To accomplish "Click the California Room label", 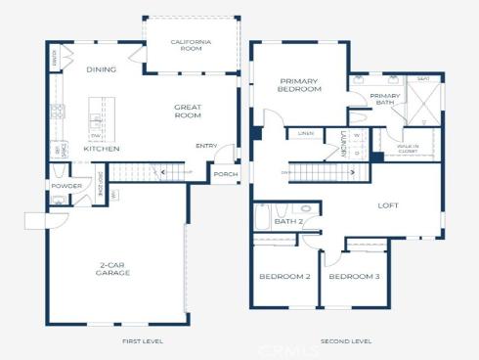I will pyautogui.click(x=191, y=45).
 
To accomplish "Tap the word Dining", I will pyautogui.click(x=101, y=69).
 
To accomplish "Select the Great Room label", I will pyautogui.click(x=188, y=112).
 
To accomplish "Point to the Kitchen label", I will pyautogui.click(x=101, y=149).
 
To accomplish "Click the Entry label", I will pyautogui.click(x=206, y=146).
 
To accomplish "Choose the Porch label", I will pyautogui.click(x=225, y=176).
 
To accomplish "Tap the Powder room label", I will pyautogui.click(x=66, y=185).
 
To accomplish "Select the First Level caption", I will pyautogui.click(x=143, y=341).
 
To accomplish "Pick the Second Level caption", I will pyautogui.click(x=346, y=341).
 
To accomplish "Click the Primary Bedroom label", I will pyautogui.click(x=300, y=85).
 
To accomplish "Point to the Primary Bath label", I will pyautogui.click(x=384, y=98).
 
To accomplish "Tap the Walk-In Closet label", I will pyautogui.click(x=407, y=149).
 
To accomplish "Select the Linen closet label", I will pyautogui.click(x=306, y=133).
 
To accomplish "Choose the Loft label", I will pyautogui.click(x=389, y=205).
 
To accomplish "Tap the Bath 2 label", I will pyautogui.click(x=288, y=221).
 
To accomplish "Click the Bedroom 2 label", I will pyautogui.click(x=284, y=277).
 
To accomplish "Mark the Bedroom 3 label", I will pyautogui.click(x=354, y=277).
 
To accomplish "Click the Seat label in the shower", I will pyautogui.click(x=423, y=79).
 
